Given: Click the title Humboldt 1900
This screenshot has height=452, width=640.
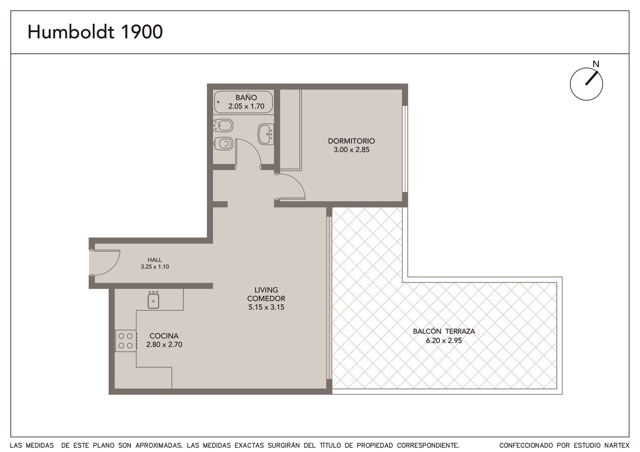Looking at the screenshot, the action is [95, 32].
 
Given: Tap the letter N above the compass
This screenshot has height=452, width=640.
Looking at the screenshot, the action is [596, 64].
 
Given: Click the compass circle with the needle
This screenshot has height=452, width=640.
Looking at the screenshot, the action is [586, 84].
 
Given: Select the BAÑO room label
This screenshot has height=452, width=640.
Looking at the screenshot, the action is [246, 98].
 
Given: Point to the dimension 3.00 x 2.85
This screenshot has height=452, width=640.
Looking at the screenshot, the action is [351, 149].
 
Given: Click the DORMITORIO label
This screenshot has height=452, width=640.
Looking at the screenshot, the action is [351, 141].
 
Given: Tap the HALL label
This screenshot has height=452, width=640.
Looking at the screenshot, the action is [155, 260].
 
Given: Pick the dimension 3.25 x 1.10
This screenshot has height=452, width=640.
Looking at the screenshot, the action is [155, 267].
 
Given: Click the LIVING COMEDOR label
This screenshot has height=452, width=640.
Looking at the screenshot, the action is [266, 294].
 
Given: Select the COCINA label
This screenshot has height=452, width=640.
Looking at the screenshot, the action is [164, 336].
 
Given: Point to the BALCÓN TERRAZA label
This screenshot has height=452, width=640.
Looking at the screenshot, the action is [444, 331].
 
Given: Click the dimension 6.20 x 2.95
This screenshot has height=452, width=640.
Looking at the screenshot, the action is [444, 340].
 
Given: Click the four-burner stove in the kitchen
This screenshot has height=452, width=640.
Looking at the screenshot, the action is [126, 341].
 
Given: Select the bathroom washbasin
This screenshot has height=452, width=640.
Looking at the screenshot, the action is [266, 134].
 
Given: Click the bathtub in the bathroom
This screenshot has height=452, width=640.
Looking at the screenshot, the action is [243, 103].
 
